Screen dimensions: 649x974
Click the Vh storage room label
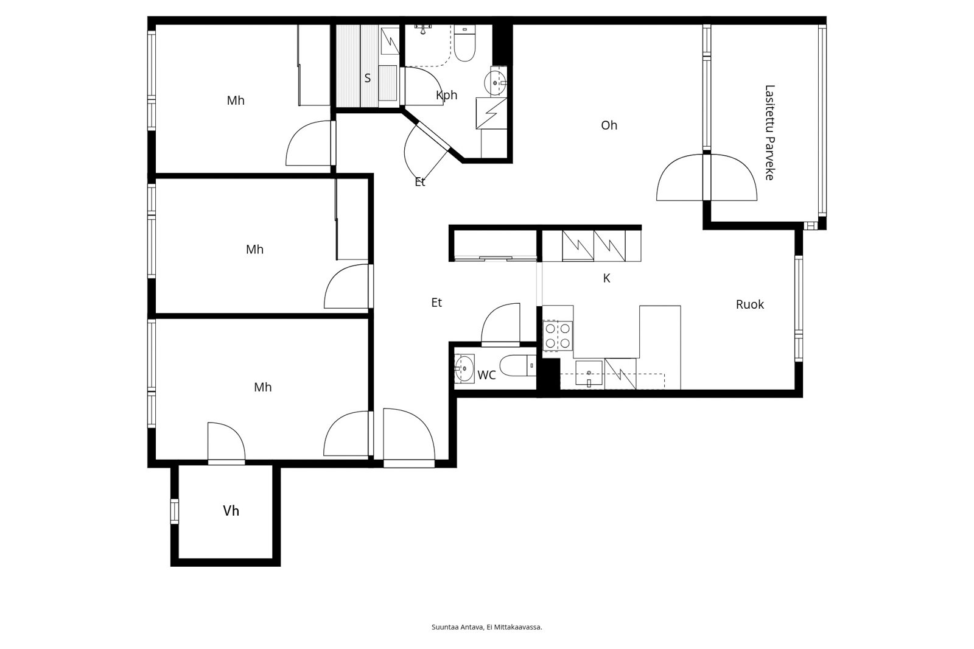pyautogui.click(x=231, y=511)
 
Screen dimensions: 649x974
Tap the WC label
pyautogui.click(x=486, y=375)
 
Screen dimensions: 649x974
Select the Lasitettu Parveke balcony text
pyautogui.click(x=769, y=132)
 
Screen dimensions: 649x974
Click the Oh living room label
pyautogui.click(x=609, y=125)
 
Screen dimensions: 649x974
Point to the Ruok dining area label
pyautogui.click(x=749, y=304)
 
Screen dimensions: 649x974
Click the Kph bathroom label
pyautogui.click(x=446, y=95)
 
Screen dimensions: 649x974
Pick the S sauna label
pyautogui.click(x=367, y=79)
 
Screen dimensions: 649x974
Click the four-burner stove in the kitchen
pyautogui.click(x=558, y=335)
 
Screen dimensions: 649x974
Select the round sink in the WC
pyautogui.click(x=464, y=368)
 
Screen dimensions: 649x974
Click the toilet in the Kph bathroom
pyautogui.click(x=464, y=47)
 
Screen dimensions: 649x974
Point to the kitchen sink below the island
pyautogui.click(x=589, y=373)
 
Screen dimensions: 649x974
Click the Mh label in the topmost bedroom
pyautogui.click(x=236, y=100)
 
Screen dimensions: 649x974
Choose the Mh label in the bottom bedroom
pyautogui.click(x=262, y=387)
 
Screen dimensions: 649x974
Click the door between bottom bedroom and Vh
pyautogui.click(x=226, y=443)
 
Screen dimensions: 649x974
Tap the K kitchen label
pyautogui.click(x=606, y=278)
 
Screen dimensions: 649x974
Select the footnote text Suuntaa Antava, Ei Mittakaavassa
pyautogui.click(x=486, y=627)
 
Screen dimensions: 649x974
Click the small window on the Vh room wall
pyautogui.click(x=175, y=511)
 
